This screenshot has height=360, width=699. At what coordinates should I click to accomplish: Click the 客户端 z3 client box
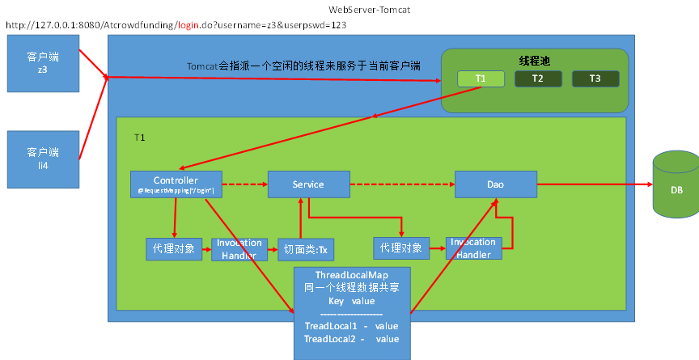pos(43,64)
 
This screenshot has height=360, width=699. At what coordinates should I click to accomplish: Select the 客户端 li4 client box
pos(43,158)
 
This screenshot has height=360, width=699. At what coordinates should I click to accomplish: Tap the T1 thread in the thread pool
pos(481,78)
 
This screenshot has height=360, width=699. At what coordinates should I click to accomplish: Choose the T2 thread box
pos(538,78)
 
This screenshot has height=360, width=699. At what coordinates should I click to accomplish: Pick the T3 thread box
pos(595,78)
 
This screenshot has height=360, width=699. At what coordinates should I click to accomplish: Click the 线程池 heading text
pos(535,61)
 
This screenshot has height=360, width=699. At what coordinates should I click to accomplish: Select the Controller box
pos(176,184)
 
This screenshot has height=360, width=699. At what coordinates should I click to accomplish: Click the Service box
pos(308,184)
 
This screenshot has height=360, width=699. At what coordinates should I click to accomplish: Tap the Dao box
pos(495,184)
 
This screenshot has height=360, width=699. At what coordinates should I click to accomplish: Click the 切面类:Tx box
pos(306,249)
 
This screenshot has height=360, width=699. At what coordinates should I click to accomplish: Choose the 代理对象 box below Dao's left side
pos(400,248)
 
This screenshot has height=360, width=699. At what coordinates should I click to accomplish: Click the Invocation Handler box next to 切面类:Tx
pos(239,248)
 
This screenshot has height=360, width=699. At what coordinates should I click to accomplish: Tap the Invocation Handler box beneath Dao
pos(473,248)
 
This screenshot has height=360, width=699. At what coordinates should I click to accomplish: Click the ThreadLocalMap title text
pos(351,275)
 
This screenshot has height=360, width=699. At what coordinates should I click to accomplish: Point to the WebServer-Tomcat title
pos(351,9)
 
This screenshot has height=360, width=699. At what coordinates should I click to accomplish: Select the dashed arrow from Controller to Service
pos(244,184)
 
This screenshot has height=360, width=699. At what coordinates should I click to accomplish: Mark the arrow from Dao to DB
pos(595,184)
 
